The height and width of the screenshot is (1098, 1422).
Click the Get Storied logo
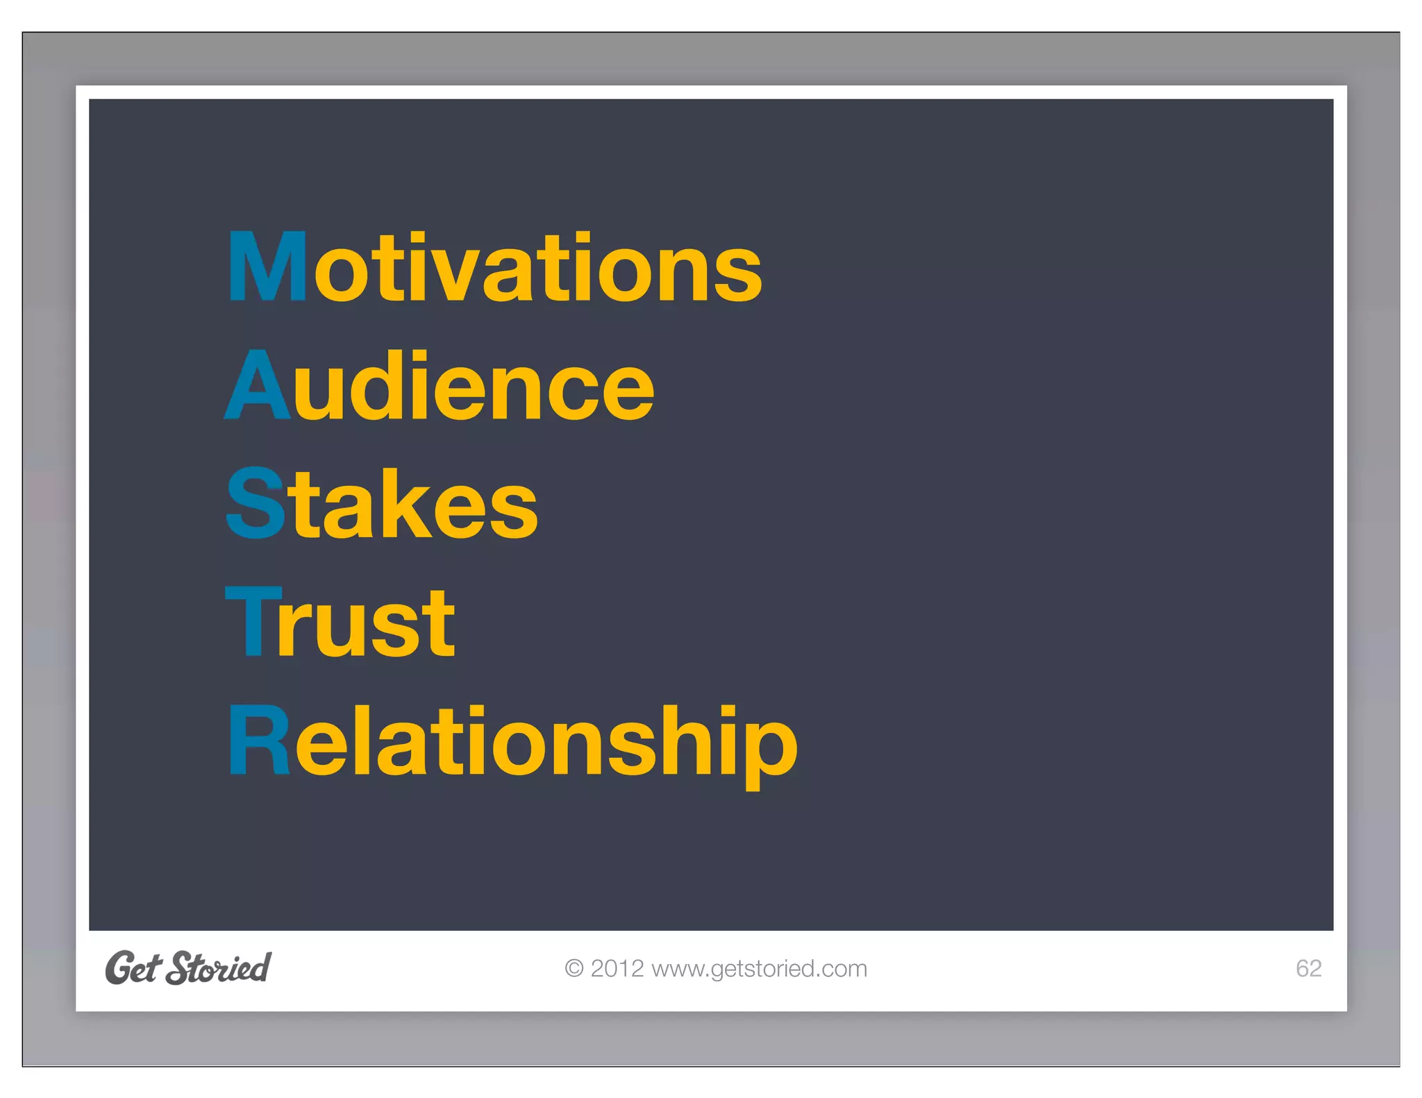point(188,968)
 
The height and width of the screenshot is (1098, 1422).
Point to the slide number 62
point(1308,968)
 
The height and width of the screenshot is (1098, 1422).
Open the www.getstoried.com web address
point(759,968)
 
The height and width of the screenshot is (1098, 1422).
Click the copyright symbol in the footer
point(574,968)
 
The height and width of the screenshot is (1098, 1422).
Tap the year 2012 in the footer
point(617,968)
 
